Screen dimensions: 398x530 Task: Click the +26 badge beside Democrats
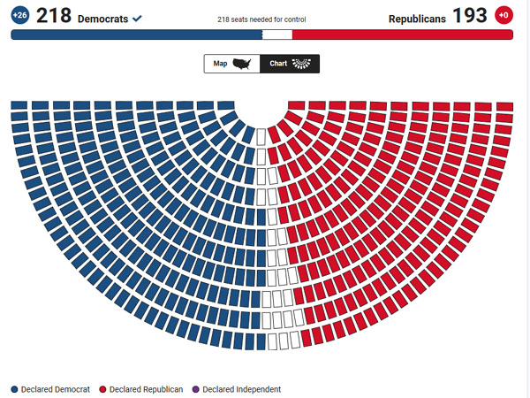click(19, 15)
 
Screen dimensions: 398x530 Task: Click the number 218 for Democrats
click(53, 15)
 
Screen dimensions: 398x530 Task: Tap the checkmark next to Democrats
click(137, 18)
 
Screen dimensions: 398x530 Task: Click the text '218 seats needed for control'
click(261, 19)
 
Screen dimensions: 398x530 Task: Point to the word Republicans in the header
click(417, 18)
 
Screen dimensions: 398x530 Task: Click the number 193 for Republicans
click(469, 15)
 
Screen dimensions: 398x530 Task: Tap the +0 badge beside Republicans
click(503, 15)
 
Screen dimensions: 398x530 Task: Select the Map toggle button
click(231, 64)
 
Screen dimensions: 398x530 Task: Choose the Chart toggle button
click(290, 64)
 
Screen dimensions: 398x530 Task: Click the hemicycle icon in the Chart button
click(302, 64)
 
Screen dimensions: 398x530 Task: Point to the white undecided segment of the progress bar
click(276, 34)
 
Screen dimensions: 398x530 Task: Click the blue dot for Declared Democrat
click(15, 389)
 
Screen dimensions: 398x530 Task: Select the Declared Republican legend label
click(146, 389)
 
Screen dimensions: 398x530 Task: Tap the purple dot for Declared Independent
click(197, 389)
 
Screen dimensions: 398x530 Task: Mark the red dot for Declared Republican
click(102, 389)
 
